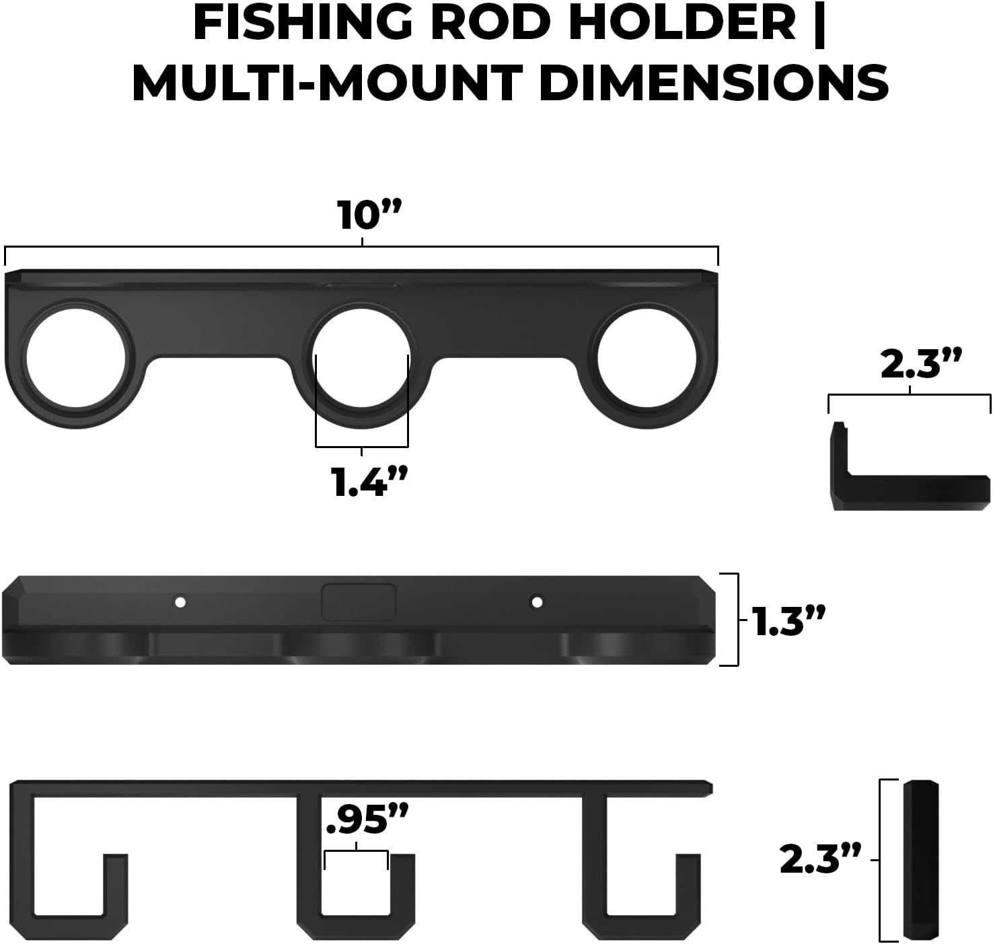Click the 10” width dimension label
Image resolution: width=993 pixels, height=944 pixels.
tap(368, 217)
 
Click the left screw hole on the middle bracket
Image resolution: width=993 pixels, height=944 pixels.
tap(180, 602)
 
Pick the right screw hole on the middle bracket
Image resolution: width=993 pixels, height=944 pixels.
tap(536, 602)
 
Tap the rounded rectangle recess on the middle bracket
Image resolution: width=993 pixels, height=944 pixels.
tap(358, 602)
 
